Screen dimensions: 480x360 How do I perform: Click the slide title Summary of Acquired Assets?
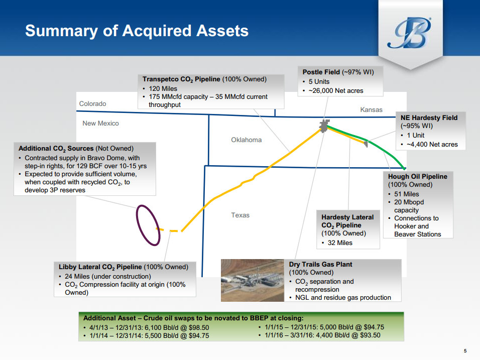click(137, 31)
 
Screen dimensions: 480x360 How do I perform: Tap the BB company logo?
click(410, 33)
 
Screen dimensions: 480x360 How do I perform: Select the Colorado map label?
click(92, 104)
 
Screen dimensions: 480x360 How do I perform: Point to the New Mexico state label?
click(100, 124)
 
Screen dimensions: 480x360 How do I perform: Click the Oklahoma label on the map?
click(246, 140)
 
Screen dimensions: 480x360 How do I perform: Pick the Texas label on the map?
click(240, 215)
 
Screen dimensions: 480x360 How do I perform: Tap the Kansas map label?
click(371, 109)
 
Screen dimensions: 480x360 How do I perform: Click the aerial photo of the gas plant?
click(252, 280)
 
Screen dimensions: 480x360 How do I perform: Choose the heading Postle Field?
click(321, 72)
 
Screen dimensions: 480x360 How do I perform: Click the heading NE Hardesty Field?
click(429, 118)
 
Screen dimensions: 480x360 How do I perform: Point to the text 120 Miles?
click(163, 89)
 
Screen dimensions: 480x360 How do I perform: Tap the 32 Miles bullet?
click(340, 243)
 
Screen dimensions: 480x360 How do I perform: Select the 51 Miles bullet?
click(407, 194)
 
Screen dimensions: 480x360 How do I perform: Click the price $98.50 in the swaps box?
click(199, 327)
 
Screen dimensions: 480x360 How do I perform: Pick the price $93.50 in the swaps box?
click(370, 335)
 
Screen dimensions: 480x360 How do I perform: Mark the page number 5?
click(465, 351)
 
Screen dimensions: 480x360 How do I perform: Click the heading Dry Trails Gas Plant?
click(320, 265)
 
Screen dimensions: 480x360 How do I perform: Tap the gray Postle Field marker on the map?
click(324, 126)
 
